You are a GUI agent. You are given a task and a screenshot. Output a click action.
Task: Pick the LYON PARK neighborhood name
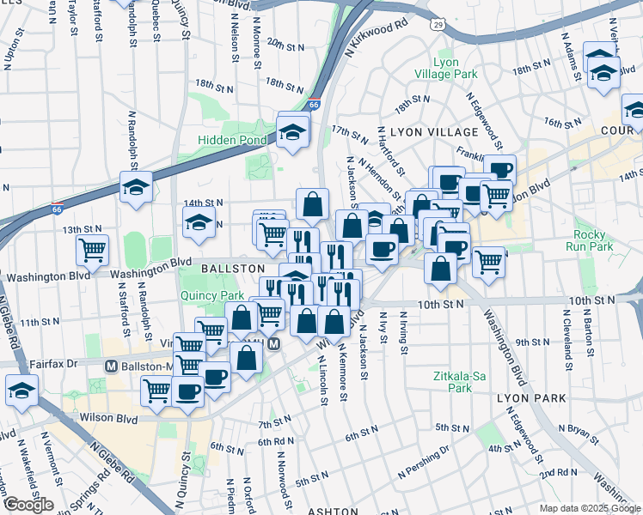click(x=531, y=398)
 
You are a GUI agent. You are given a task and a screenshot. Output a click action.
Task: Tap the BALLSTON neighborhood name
click(x=226, y=269)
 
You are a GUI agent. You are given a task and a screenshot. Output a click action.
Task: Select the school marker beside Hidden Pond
click(x=292, y=130)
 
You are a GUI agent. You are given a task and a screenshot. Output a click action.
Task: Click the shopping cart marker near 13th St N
click(x=92, y=250)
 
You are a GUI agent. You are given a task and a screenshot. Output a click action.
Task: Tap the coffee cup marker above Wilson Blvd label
click(x=187, y=391)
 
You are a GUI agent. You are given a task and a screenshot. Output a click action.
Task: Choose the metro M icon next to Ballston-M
click(x=111, y=366)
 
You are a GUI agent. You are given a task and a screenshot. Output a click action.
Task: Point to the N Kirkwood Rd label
click(x=377, y=39)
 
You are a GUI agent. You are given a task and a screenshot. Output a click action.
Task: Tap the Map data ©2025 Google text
click(x=590, y=508)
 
